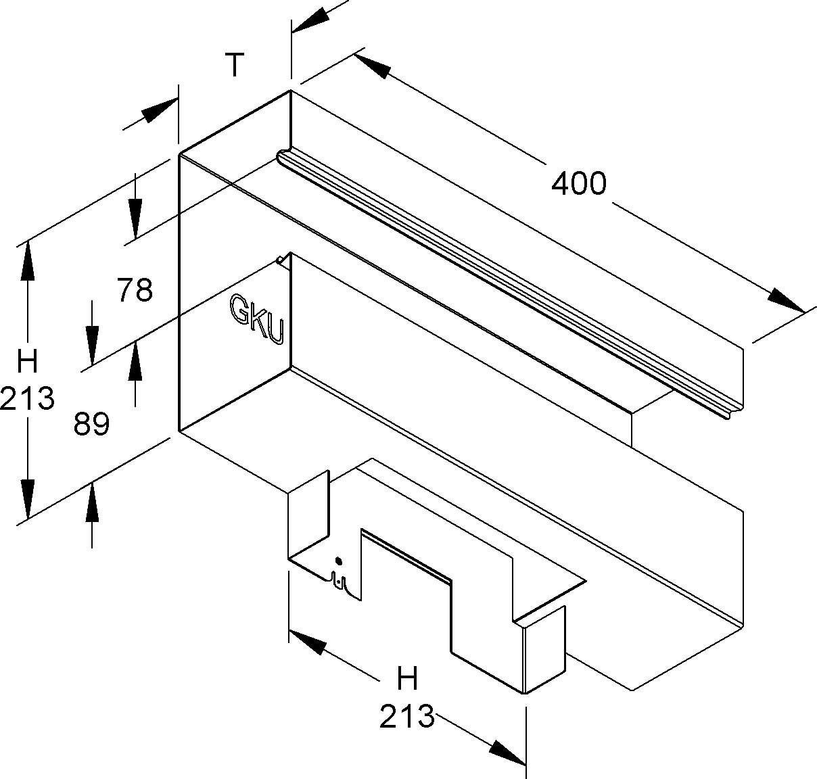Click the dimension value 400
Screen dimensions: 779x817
pyautogui.click(x=578, y=183)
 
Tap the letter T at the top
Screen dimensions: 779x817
pyautogui.click(x=234, y=66)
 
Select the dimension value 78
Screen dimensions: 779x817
pyautogui.click(x=135, y=290)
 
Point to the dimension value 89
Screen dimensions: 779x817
pyautogui.click(x=91, y=425)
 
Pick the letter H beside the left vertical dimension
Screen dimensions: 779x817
pyautogui.click(x=27, y=362)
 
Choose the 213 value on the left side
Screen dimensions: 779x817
pyautogui.click(x=27, y=398)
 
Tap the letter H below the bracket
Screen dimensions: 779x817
pyautogui.click(x=407, y=678)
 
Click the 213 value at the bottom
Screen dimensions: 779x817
pyautogui.click(x=406, y=716)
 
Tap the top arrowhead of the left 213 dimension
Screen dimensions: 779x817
pyautogui.click(x=27, y=260)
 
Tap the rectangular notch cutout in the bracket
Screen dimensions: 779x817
pyautogui.click(x=406, y=588)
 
